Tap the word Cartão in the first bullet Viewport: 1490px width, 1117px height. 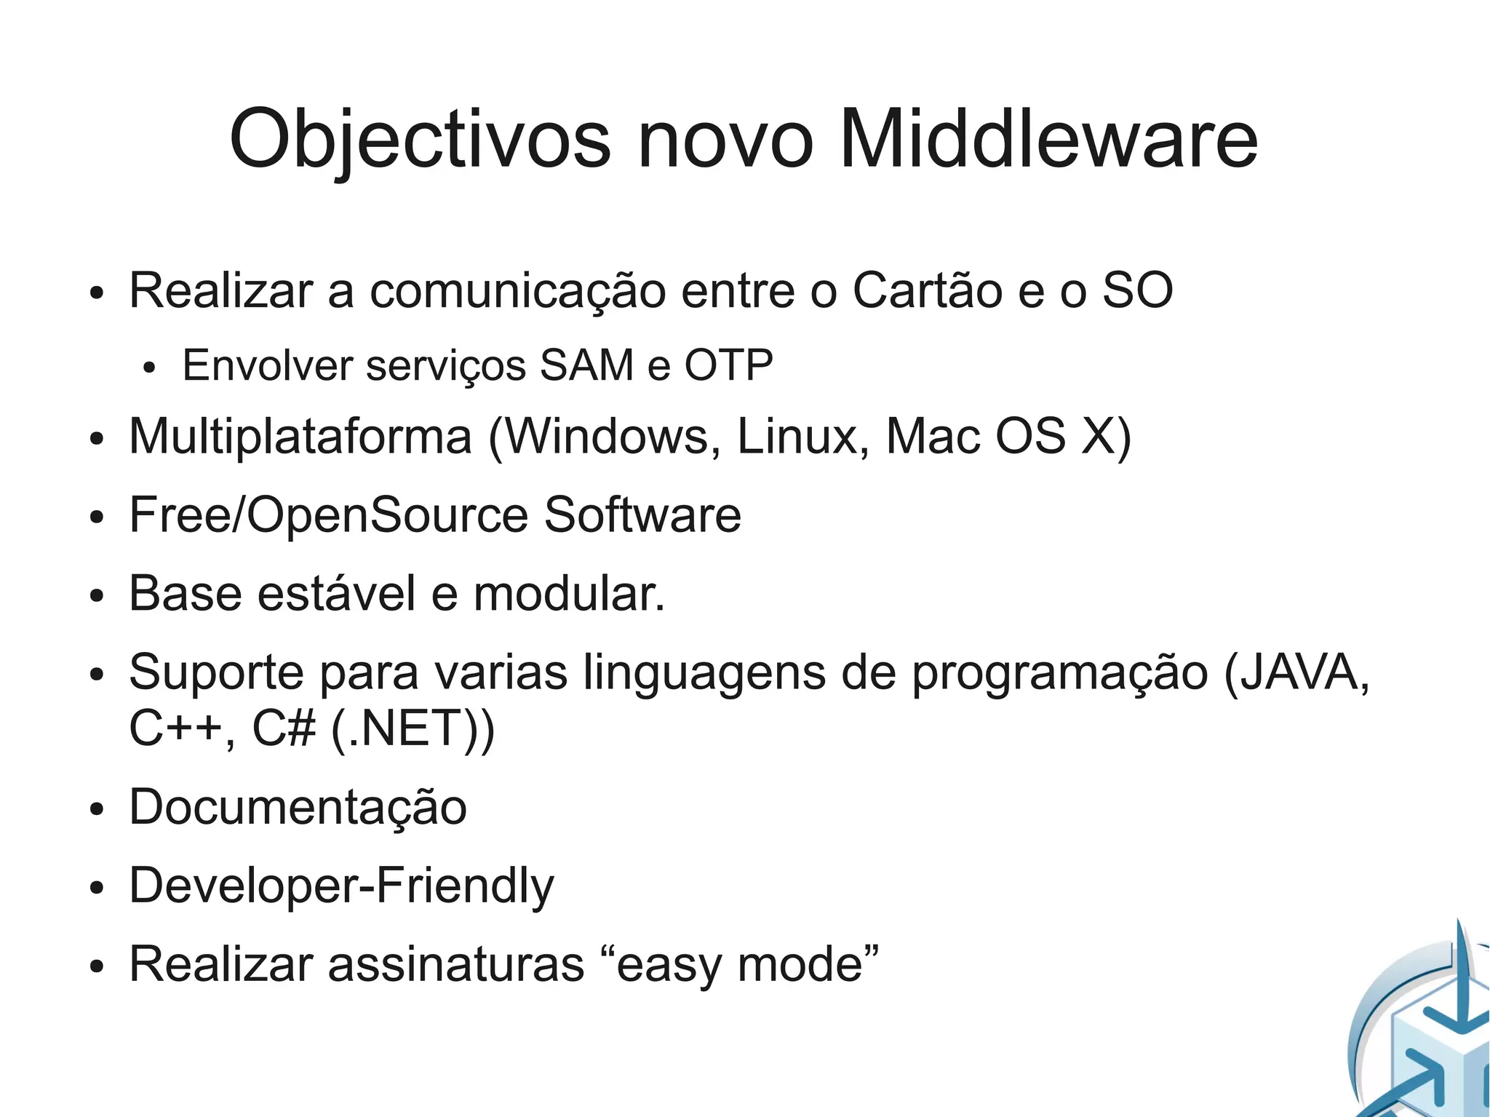927,290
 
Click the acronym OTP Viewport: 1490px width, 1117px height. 728,365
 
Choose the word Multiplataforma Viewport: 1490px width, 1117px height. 300,437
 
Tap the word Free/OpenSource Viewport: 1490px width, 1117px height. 329,515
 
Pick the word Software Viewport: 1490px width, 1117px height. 642,515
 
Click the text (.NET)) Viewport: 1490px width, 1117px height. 413,728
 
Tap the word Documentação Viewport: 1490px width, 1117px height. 298,808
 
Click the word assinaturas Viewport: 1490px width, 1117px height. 456,964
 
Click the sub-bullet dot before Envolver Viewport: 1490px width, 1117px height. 149,368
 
